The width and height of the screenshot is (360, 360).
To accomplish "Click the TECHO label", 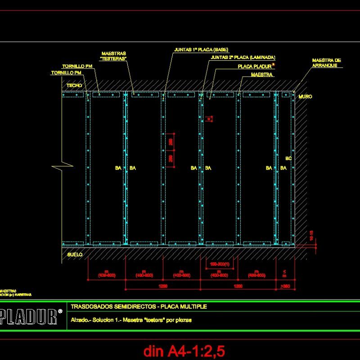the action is [74, 85].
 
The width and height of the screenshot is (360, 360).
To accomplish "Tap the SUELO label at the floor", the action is [75, 254].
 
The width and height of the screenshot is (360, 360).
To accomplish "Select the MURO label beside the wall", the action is [305, 97].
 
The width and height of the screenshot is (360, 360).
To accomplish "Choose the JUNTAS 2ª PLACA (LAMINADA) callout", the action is [243, 58].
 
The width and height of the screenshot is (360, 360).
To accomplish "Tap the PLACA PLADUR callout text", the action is [255, 66].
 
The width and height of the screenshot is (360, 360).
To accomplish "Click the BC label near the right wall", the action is [288, 158].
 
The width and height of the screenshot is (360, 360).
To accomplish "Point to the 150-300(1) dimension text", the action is [220, 264].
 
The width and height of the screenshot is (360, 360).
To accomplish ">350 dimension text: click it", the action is [285, 286].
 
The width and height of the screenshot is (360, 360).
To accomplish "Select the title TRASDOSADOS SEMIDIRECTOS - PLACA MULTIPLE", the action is [139, 306].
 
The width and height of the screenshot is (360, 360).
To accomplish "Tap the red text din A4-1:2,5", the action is [184, 350].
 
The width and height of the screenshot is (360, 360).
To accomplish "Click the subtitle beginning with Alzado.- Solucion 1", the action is [131, 320].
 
